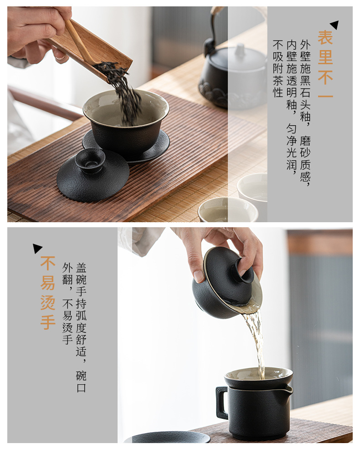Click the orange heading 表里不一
[325, 64]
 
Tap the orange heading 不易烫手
[47, 293]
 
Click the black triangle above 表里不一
[335, 25]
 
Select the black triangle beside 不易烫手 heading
[37, 248]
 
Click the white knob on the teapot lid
[240, 50]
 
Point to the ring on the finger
[61, 58]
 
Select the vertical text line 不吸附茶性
[278, 68]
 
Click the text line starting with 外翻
[67, 304]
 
